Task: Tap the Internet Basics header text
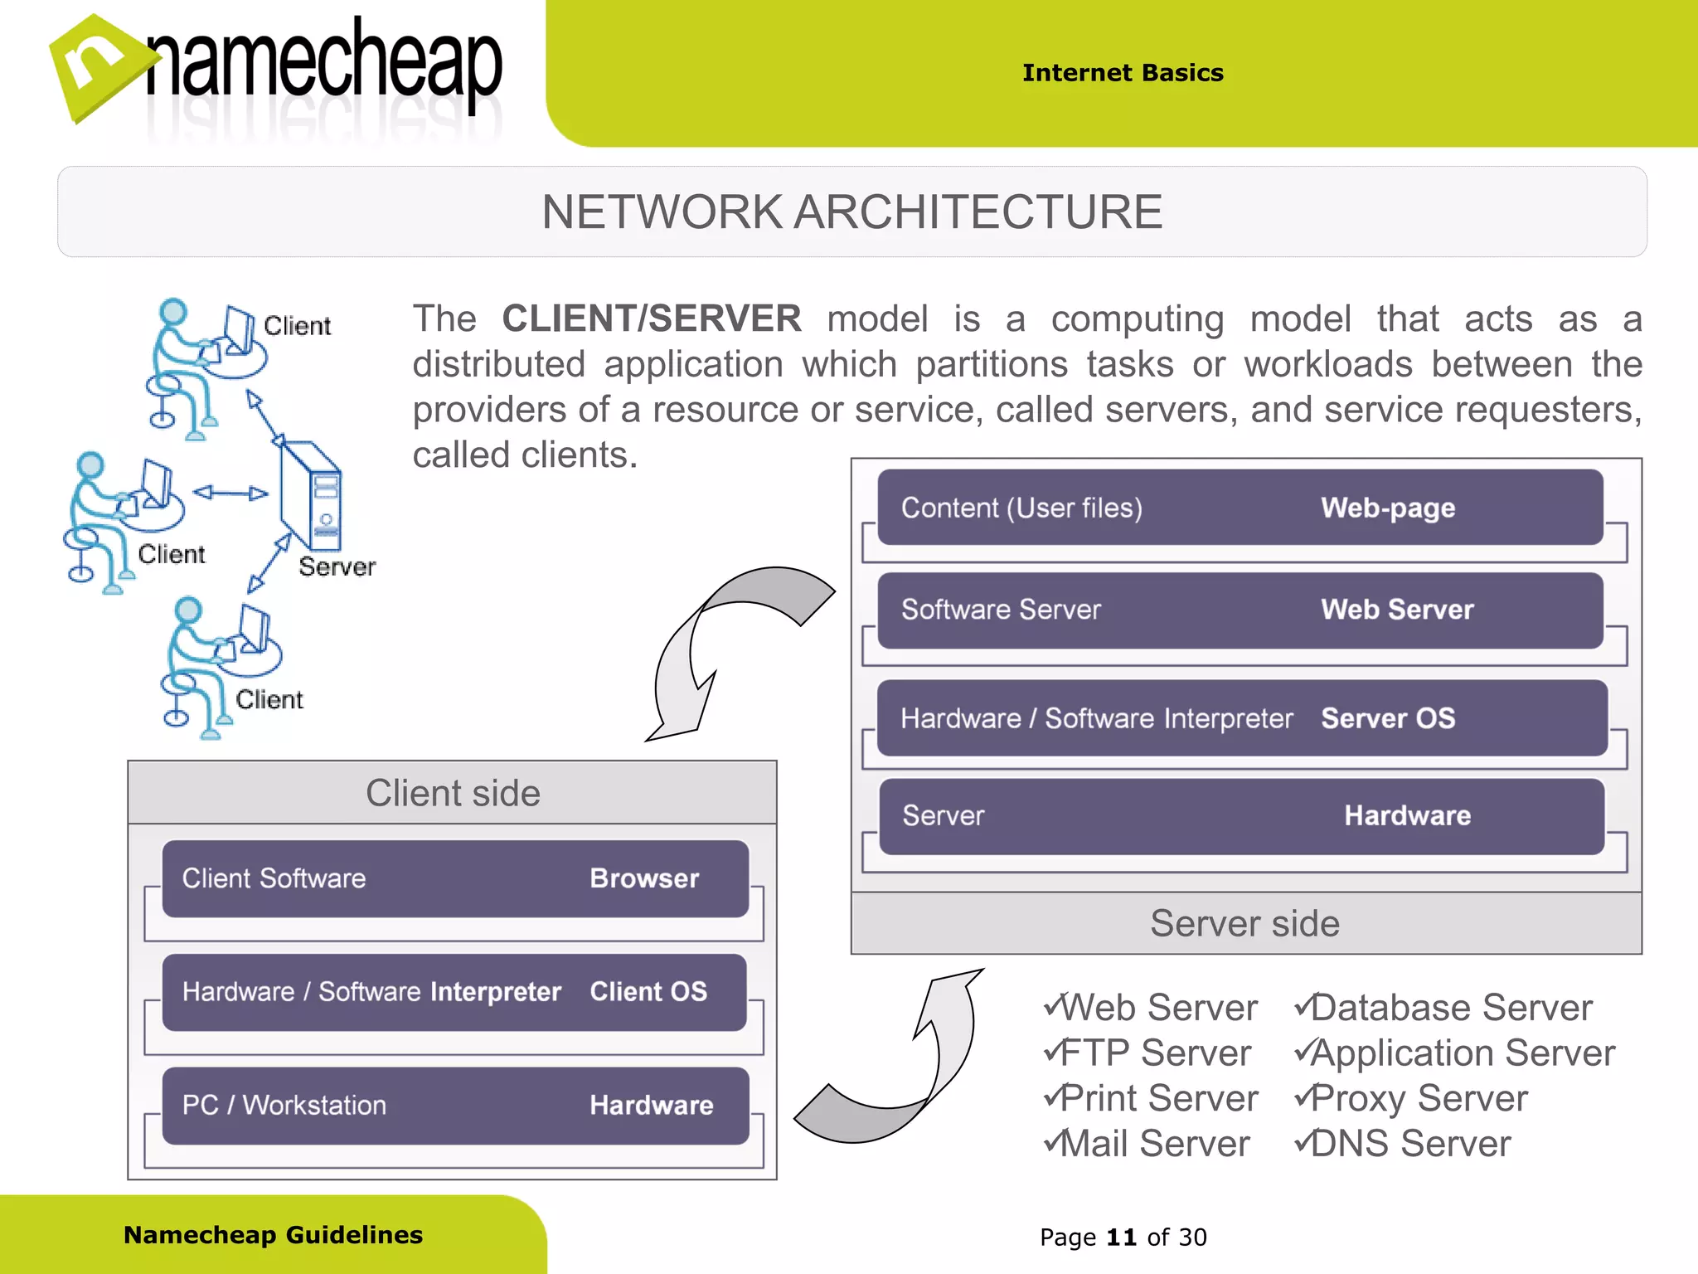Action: [x=1123, y=73]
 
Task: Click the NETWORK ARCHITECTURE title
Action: [x=851, y=212]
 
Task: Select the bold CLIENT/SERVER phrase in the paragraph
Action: [x=652, y=319]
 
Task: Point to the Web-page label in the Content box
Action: [x=1388, y=508]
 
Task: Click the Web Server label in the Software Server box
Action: [x=1397, y=610]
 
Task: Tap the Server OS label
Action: [x=1388, y=718]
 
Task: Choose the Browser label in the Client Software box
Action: [x=644, y=878]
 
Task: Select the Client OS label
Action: [x=648, y=992]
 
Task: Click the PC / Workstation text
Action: [x=284, y=1106]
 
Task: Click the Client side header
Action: [x=453, y=793]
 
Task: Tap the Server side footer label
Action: [x=1244, y=923]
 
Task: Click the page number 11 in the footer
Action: [x=1121, y=1238]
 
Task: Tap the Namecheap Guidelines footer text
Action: [x=273, y=1235]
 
